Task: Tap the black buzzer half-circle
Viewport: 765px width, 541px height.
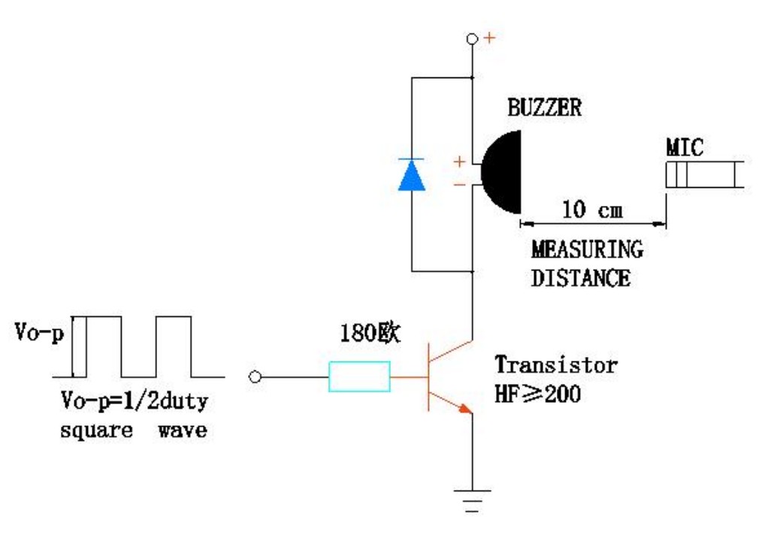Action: pos(503,172)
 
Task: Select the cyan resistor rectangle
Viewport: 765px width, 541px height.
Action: pos(359,376)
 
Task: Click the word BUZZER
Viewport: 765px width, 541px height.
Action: pos(545,107)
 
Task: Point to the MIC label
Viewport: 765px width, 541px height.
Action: pos(685,147)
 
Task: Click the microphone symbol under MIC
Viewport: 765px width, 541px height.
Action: pos(705,174)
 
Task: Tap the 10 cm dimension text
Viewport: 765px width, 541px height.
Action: pos(593,210)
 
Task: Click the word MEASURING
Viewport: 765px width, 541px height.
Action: pos(587,249)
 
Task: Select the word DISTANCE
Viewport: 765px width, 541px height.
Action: pos(581,278)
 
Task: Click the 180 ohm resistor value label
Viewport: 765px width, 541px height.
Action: pos(370,333)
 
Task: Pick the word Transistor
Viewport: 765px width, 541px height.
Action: pos(557,365)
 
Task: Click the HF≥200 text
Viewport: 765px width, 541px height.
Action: pos(537,394)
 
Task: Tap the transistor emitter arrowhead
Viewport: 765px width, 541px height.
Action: pos(465,409)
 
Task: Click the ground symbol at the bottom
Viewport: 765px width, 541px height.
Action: pos(472,500)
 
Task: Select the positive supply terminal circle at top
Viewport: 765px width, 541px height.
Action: pos(472,38)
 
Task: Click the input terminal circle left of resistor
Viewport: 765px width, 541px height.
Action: pos(255,377)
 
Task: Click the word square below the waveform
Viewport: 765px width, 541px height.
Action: pos(97,431)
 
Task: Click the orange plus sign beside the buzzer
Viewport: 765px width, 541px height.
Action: pos(459,162)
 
